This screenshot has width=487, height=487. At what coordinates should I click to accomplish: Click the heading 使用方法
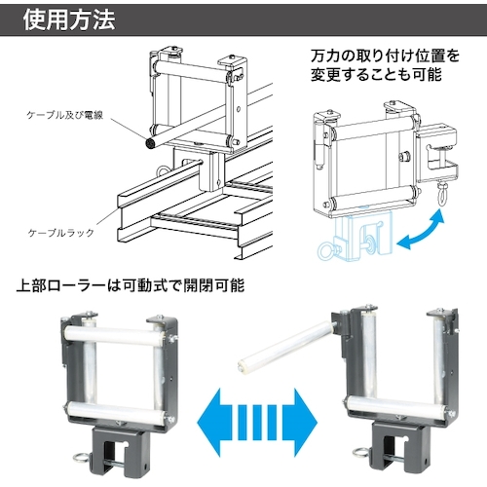coord(69,20)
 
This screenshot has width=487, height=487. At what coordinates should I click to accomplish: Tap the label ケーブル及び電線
coord(65,115)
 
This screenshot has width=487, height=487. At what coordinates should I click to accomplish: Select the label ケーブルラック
coord(61,233)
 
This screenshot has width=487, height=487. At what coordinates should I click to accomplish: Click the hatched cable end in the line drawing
coord(150,143)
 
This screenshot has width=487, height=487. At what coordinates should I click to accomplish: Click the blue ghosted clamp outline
coord(356,237)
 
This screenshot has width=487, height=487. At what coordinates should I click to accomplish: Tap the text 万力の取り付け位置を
coord(385,56)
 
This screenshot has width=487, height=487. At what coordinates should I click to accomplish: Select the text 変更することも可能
coord(376,74)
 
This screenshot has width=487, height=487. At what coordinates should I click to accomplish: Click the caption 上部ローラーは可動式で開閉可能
coord(130,285)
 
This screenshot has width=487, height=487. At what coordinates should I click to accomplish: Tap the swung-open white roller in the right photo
coord(285,348)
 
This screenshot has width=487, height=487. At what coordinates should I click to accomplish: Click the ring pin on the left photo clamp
coord(81,457)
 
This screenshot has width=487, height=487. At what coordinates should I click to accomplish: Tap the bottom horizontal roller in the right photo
coord(397,405)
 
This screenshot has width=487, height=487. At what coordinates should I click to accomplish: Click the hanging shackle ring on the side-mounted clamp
coord(441,194)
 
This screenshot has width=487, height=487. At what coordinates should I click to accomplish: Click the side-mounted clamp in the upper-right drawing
coord(436,153)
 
